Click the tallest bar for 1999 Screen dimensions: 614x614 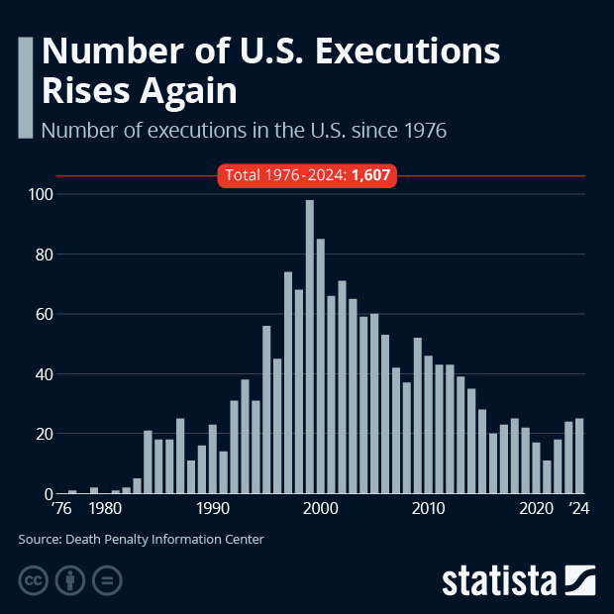310,347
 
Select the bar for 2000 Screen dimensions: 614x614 321,366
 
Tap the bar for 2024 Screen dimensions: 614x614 579,456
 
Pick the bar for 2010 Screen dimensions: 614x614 429,425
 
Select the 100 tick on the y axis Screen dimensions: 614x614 40,194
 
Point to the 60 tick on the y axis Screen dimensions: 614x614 44,314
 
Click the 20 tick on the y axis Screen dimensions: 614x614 44,434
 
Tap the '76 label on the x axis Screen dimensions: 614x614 61,510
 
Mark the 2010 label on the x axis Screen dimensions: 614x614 429,510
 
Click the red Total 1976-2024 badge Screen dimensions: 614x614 307,176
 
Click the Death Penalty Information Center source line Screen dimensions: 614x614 141,540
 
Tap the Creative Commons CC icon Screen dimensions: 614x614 33,579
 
